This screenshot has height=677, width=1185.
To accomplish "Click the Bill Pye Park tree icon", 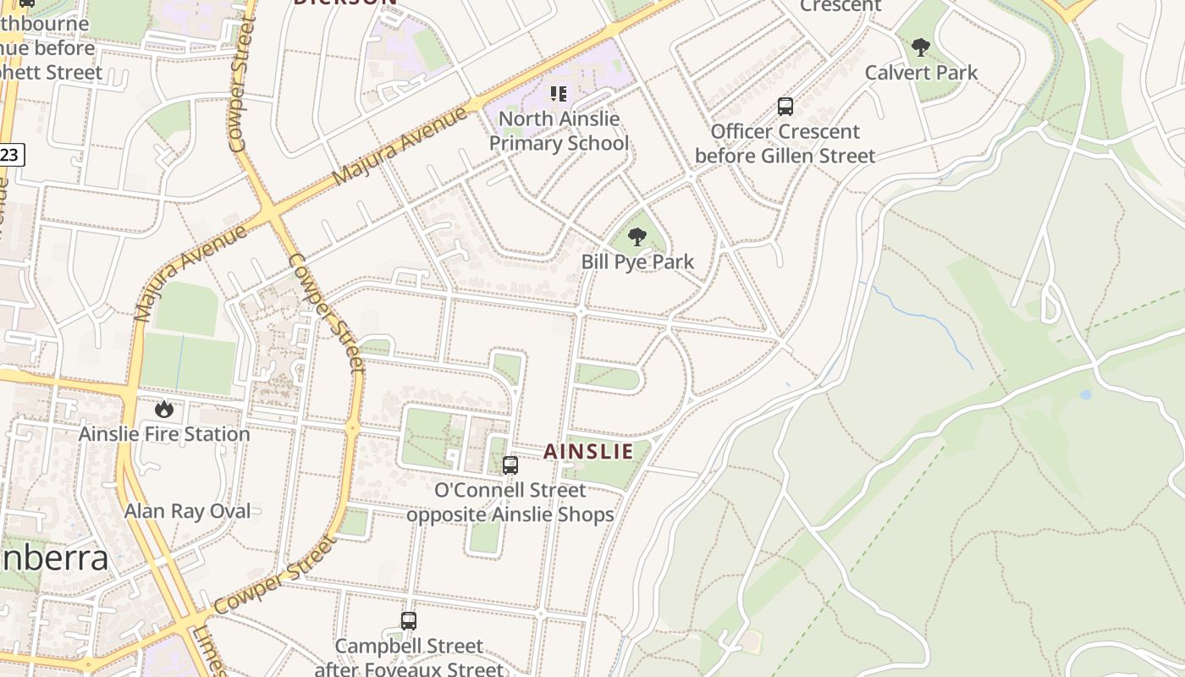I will click(637, 237).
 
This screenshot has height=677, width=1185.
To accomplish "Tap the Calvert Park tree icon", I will click(921, 47).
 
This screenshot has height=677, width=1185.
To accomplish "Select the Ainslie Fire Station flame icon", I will click(164, 410).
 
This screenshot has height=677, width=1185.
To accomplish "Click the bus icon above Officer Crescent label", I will click(785, 107).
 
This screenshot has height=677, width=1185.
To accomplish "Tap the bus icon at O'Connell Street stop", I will click(510, 465).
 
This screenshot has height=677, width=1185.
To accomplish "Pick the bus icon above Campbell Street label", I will click(409, 621).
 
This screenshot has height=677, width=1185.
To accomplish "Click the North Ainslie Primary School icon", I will click(559, 94).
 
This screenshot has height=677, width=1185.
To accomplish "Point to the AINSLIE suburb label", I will click(588, 452).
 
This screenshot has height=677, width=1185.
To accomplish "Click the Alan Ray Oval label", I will click(188, 511).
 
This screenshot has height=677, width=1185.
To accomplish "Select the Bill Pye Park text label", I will click(637, 262).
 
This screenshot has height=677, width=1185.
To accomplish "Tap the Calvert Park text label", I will click(921, 73).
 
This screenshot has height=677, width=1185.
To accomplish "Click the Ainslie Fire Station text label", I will click(164, 434).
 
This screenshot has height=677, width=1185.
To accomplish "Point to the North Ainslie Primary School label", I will click(559, 131).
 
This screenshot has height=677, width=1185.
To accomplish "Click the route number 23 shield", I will click(10, 154).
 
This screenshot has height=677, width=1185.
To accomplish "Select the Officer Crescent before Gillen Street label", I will click(785, 144).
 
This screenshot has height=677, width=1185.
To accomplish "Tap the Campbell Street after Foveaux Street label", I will click(409, 658).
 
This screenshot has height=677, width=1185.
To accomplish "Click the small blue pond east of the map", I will click(1085, 394).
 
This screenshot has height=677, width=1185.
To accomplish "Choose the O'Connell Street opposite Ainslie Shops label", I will click(510, 502).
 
